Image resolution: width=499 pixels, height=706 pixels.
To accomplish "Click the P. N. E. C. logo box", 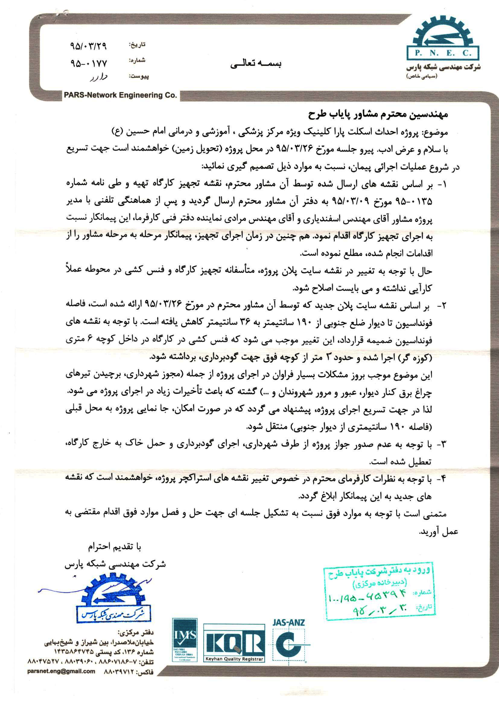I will tap(443, 53).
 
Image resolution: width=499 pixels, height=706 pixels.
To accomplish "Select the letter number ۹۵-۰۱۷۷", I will tap(88, 63).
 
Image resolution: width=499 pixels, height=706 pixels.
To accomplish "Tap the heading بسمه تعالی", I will tap(256, 64).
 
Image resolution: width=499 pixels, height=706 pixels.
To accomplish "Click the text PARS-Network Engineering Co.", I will tap(120, 95).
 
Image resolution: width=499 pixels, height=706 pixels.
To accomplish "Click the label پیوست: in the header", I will tap(139, 76).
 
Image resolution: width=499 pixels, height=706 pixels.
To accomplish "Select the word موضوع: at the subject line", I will tap(436, 133).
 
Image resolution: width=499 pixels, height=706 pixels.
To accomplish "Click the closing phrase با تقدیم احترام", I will tap(114, 547).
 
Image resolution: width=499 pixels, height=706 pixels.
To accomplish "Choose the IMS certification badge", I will tap(185, 640).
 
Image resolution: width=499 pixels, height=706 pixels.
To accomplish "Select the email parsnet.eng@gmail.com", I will tap(61, 695).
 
